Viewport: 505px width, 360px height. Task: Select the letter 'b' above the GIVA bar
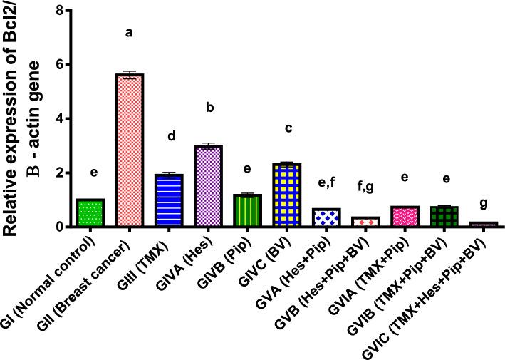pyautogui.click(x=209, y=107)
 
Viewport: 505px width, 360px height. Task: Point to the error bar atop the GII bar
pyautogui.click(x=130, y=73)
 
